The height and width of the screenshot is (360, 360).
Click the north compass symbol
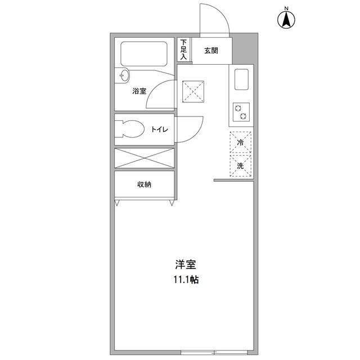[x=286, y=19]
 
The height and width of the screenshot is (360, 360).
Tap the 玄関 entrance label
[x=211, y=51]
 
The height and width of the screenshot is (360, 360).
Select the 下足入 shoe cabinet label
[x=183, y=49]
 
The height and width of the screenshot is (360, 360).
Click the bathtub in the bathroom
[x=144, y=54]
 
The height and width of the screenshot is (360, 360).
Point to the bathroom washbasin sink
[x=124, y=75]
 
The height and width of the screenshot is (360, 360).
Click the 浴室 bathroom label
[x=139, y=91]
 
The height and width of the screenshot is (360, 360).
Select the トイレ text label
[x=160, y=129]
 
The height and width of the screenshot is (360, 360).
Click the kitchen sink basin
[x=241, y=79]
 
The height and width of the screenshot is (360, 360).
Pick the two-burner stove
[x=241, y=112]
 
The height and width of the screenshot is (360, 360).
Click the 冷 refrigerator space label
[x=240, y=142]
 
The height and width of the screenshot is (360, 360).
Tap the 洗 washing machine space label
[x=240, y=165]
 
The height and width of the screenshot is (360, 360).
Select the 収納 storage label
[x=144, y=184]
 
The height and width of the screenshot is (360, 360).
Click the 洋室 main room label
[x=186, y=264]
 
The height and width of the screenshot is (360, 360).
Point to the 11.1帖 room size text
[x=186, y=280]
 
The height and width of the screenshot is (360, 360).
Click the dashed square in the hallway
[x=193, y=92]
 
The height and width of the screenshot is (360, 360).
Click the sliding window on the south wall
[x=214, y=353]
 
